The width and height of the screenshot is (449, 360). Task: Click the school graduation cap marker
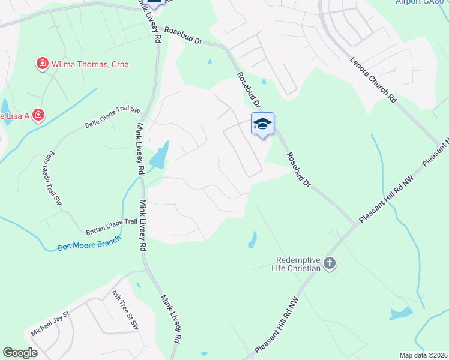(x=262, y=124)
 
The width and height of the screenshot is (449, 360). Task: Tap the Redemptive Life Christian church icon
(x=329, y=263)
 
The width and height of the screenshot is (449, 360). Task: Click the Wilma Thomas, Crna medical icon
(x=43, y=64)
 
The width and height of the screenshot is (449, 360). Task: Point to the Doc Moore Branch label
(x=89, y=243)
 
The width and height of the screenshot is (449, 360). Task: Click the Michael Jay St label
(x=50, y=322)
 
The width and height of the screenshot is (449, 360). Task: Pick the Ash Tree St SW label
(x=125, y=310)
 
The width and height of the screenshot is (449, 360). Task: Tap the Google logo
(x=20, y=353)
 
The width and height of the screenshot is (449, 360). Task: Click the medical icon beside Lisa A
(x=38, y=114)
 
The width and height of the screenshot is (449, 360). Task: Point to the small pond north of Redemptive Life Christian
(x=252, y=240)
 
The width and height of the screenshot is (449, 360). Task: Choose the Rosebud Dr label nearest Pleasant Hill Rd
(x=301, y=169)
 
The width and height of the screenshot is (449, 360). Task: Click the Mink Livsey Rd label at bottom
(x=170, y=318)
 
